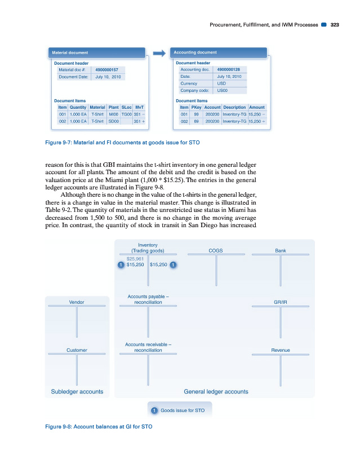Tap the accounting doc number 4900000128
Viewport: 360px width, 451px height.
[x=229, y=70]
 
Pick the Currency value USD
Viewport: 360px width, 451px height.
[x=221, y=83]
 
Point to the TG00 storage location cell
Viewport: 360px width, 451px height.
[x=126, y=114]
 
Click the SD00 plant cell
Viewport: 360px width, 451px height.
[x=113, y=121]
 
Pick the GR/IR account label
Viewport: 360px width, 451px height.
[x=280, y=302]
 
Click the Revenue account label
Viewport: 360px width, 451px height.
[x=280, y=350]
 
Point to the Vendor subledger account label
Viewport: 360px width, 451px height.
[x=77, y=302]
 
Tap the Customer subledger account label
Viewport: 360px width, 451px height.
[x=77, y=350]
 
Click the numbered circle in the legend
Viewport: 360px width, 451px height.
[x=154, y=410]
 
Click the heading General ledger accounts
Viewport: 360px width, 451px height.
[x=216, y=391]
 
